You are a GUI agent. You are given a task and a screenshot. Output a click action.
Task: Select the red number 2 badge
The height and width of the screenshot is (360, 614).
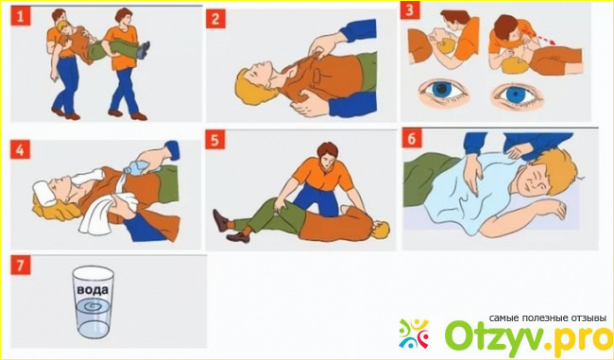(x=215, y=19)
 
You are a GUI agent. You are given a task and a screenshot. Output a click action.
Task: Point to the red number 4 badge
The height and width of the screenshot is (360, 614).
(x=21, y=149)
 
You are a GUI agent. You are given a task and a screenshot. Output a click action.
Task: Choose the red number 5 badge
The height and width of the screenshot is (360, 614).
(x=215, y=140)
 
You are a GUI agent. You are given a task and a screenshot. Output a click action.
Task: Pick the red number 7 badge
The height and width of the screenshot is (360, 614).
(x=21, y=265)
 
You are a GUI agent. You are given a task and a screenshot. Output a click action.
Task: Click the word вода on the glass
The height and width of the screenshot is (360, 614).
(x=93, y=291)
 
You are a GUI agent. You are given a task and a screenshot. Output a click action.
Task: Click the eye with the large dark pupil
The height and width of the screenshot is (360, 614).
(x=441, y=91)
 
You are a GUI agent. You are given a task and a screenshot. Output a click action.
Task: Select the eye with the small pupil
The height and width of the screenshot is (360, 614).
(x=516, y=94)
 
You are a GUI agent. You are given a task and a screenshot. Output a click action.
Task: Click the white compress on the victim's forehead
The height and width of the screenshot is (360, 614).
(x=44, y=193)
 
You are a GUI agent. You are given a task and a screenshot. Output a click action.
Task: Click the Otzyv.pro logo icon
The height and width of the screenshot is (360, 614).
(x=414, y=334)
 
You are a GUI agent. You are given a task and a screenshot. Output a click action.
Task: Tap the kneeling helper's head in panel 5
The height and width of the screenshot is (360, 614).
(x=328, y=154)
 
